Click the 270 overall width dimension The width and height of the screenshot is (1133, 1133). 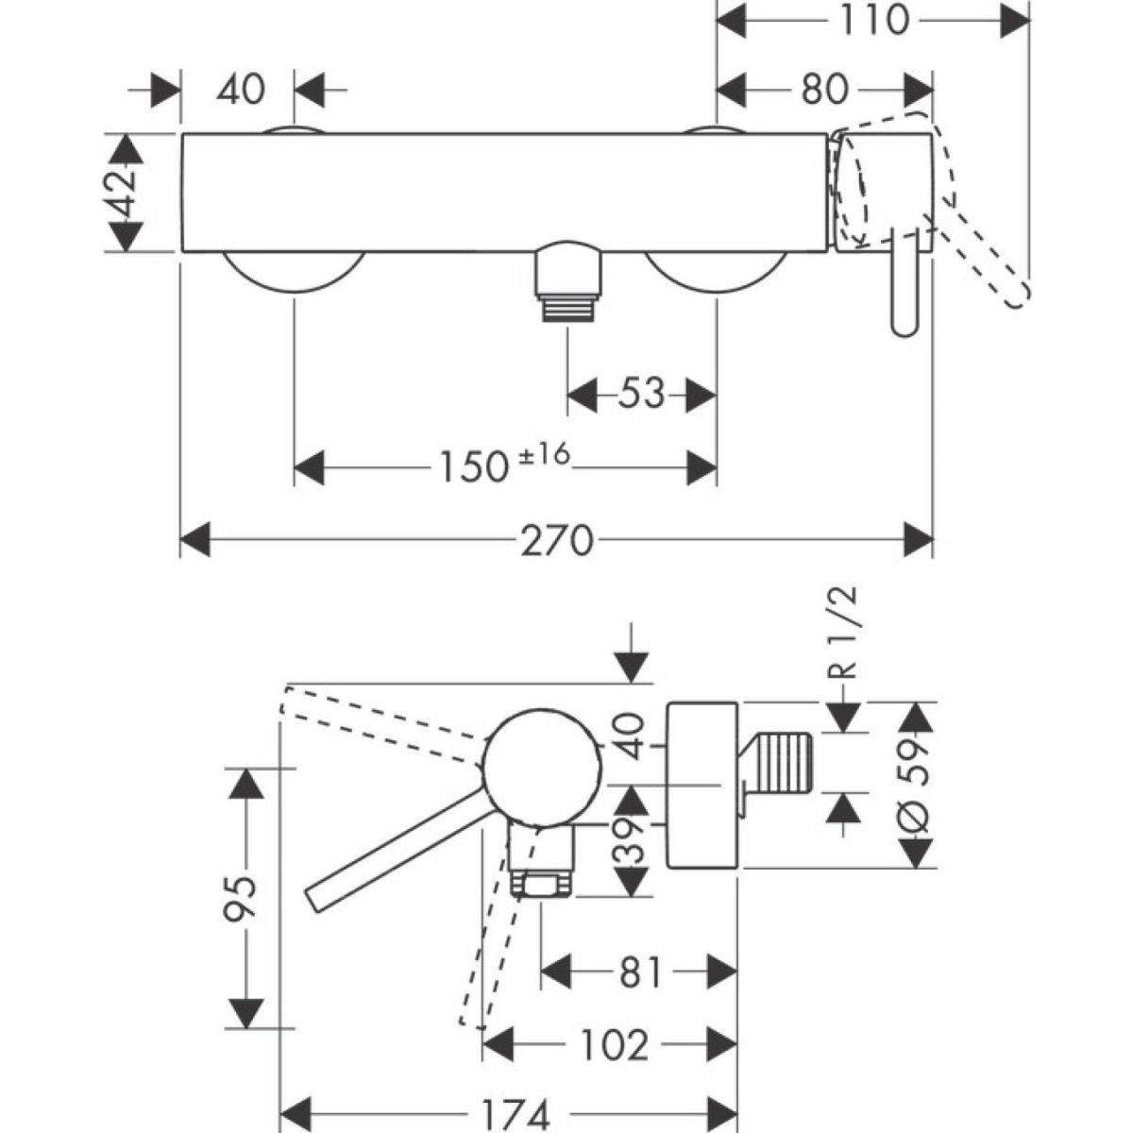click(557, 541)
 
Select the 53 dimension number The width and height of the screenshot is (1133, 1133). click(641, 393)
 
